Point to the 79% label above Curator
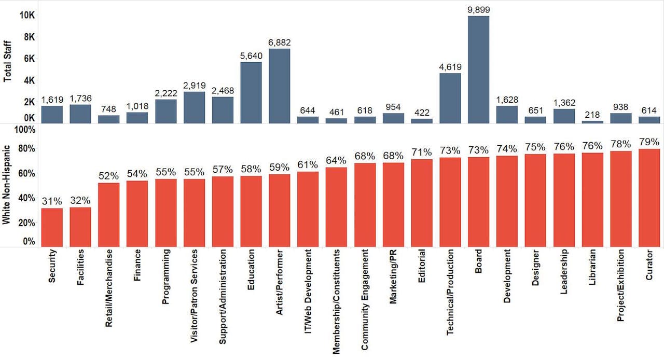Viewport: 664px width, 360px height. point(649,142)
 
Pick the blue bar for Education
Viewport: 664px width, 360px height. point(251,92)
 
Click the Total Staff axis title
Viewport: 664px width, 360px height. point(7,62)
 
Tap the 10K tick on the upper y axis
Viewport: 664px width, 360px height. point(27,15)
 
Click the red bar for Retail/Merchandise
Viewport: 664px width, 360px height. point(108,215)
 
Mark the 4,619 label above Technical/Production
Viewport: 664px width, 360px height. point(450,66)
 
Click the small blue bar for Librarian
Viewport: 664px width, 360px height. point(592,122)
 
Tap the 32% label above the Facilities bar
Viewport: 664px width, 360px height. point(80,200)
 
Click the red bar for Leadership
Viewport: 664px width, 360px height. point(564,200)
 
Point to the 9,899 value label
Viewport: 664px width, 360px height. point(478,9)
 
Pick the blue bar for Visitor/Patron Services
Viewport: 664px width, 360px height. point(194,107)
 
